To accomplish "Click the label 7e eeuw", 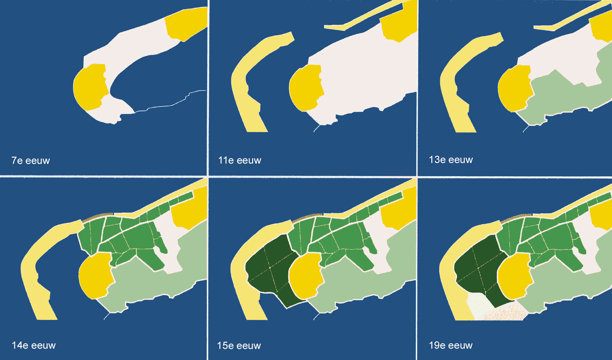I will click(x=31, y=161).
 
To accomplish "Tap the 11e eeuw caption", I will click(x=239, y=160).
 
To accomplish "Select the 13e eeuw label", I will click(x=450, y=160).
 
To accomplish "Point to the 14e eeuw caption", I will click(x=33, y=345).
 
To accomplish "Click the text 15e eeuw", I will click(x=239, y=346).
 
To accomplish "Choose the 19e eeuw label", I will click(x=450, y=345).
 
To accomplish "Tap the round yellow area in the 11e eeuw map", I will click(x=305, y=88).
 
